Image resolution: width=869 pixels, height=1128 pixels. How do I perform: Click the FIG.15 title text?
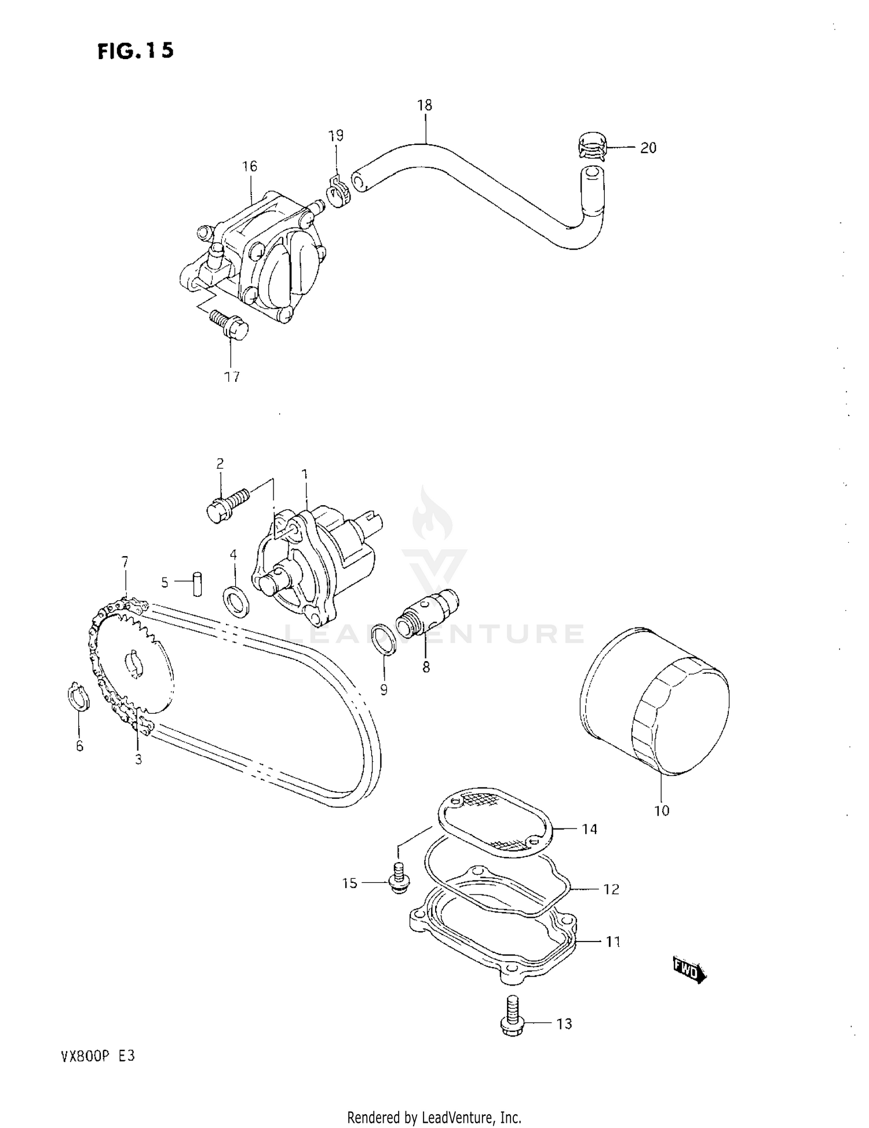[x=136, y=51]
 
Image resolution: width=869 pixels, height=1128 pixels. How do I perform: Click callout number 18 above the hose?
[x=425, y=105]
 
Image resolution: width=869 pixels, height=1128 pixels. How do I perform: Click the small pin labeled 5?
[x=198, y=583]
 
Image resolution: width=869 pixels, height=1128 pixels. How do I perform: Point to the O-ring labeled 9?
[x=384, y=640]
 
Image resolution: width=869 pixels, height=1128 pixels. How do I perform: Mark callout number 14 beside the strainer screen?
[x=589, y=830]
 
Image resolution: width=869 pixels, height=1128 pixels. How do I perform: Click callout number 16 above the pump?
[x=249, y=167]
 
